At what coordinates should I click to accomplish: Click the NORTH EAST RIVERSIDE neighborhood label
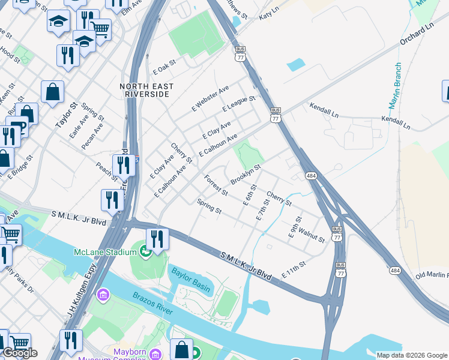click(x=147, y=90)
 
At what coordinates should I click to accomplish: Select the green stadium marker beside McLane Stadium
click(x=145, y=251)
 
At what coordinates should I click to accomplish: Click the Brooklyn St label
click(x=245, y=174)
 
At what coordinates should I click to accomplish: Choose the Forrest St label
click(x=215, y=185)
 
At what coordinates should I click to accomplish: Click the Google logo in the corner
click(x=20, y=353)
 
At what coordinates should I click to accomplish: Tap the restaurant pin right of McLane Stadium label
click(x=157, y=238)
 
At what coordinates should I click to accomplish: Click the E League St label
click(x=238, y=103)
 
